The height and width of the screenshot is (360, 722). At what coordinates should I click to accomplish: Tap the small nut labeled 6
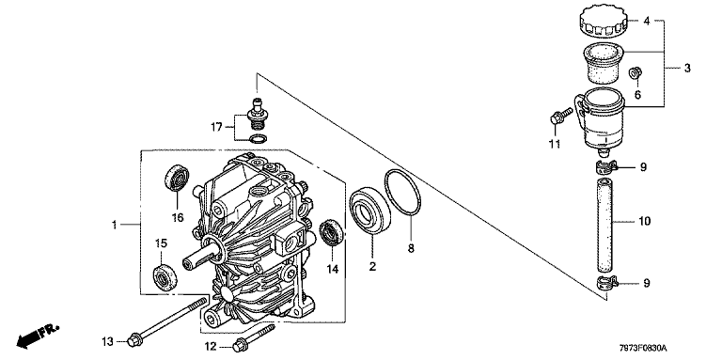(x=636, y=72)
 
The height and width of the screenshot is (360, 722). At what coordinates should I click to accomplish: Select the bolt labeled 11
(x=560, y=115)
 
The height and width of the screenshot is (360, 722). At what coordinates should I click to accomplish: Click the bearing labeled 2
(x=369, y=210)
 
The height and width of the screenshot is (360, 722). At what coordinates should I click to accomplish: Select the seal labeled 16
(x=178, y=177)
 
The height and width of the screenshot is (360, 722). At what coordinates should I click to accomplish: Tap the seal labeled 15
(x=165, y=278)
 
